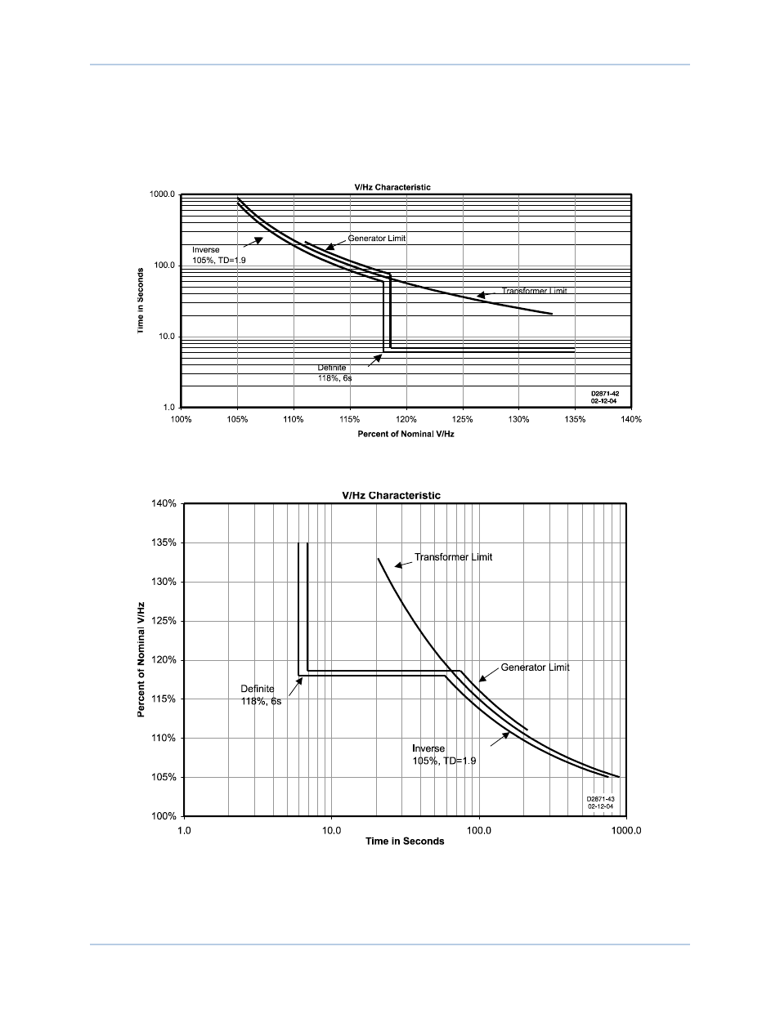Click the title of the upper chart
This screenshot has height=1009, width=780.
point(392,187)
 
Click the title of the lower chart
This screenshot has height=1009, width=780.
point(391,495)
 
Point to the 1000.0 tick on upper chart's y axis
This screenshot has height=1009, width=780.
point(162,194)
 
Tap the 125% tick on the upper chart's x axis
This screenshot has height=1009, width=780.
point(463,419)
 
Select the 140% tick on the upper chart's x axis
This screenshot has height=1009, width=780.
point(631,419)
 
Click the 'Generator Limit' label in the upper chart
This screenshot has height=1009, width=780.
point(377,239)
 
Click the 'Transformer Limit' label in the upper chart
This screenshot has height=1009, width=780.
point(534,291)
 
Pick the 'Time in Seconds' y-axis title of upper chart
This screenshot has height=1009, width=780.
point(141,301)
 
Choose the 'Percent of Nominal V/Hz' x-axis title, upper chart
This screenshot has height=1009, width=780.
point(406,434)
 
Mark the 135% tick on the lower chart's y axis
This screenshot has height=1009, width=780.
point(164,542)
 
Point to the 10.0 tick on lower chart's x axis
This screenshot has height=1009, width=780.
point(331,830)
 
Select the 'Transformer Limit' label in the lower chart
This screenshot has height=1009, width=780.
point(454,557)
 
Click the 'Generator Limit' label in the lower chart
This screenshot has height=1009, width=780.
point(536,667)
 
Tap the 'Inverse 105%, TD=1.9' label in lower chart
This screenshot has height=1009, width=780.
point(444,754)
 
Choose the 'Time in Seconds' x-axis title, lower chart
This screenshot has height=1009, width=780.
point(405,842)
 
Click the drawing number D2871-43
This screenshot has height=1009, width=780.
point(599,800)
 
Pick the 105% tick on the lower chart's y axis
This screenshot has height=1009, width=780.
point(164,777)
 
